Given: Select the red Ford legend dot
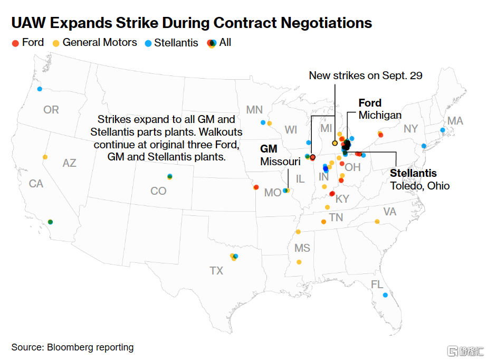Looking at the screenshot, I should [x=15, y=43].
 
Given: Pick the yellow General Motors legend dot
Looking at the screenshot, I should [x=56, y=43].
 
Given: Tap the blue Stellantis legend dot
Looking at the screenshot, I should [x=148, y=43].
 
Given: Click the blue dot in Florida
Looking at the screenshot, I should [x=385, y=295].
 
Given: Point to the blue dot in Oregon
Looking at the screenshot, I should [x=40, y=89].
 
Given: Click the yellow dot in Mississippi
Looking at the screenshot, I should [x=299, y=262].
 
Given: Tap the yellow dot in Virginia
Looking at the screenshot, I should [x=377, y=222].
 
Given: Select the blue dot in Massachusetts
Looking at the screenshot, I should [x=443, y=130].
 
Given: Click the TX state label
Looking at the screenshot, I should [x=216, y=271].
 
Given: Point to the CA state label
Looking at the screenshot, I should [x=36, y=184].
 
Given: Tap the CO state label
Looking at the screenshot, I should [x=158, y=191].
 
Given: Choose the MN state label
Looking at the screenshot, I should [x=254, y=110].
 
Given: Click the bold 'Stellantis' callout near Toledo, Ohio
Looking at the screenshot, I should [x=413, y=173].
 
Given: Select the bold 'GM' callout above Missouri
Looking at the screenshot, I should [x=269, y=149].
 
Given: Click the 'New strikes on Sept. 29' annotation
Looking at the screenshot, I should [x=366, y=75].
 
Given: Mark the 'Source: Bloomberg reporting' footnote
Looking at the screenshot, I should [x=72, y=347].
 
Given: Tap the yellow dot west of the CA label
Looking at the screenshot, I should [x=45, y=157].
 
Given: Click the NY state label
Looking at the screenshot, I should [x=410, y=129].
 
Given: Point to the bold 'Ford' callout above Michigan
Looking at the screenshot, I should [x=370, y=103].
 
